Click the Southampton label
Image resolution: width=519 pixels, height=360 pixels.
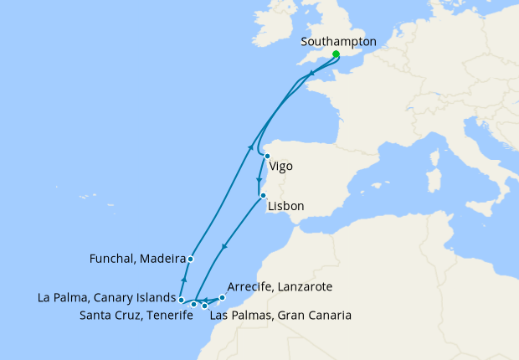point(338,41)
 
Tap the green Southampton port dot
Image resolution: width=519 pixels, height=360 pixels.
point(336,54)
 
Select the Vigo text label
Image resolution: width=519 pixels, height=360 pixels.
point(281,166)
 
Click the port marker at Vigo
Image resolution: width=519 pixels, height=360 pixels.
point(267,156)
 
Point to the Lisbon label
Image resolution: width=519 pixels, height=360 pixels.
point(285,205)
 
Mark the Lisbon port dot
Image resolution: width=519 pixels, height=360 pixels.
point(263,196)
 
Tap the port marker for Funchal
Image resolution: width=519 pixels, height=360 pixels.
point(191,259)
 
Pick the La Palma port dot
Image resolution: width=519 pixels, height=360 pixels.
point(181,299)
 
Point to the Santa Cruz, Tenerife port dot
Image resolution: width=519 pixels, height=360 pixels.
point(193,304)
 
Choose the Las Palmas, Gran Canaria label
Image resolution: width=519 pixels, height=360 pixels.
point(280,316)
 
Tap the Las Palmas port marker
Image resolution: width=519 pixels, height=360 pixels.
point(205,306)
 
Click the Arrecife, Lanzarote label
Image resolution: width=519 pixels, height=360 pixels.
point(280,286)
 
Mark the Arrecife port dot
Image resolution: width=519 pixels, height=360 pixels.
point(222,297)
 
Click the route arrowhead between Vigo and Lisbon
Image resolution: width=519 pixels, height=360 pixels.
point(258,181)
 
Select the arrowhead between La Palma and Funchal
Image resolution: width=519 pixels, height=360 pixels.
point(183,280)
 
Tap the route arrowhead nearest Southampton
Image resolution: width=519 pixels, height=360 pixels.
point(311,75)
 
